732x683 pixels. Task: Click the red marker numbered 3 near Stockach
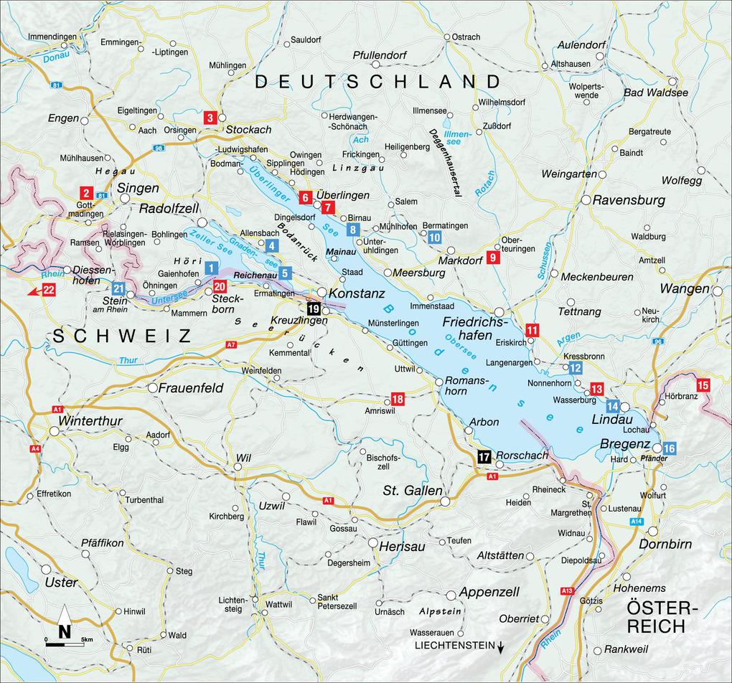pos(210,118)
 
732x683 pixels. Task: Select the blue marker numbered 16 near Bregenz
pos(669,448)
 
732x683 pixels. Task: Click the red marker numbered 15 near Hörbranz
pos(703,385)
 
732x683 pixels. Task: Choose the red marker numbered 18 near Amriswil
pos(397,398)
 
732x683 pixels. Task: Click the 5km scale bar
pos(65,644)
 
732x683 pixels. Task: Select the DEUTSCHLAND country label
pos(377,81)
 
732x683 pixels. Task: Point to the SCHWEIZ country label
pos(121,336)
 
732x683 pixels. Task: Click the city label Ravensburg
pos(629,200)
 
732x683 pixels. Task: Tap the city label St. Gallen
pos(411,491)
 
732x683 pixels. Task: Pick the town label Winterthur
pos(91,420)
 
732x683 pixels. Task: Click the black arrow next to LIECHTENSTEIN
pos(501,646)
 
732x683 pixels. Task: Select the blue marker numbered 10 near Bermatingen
pos(435,237)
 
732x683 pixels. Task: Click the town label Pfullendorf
pos(380,55)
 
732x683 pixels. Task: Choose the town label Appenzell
pos(489,592)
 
